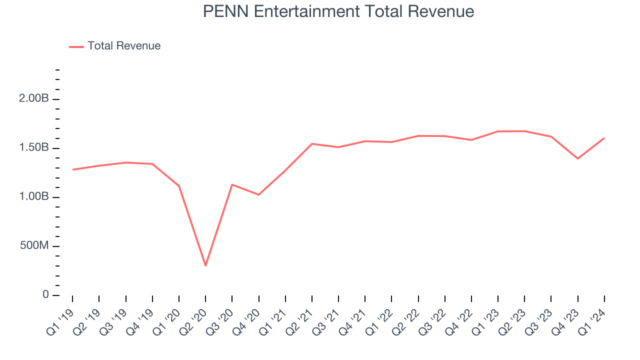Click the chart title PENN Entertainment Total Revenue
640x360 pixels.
tap(338, 11)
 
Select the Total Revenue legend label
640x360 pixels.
tap(124, 46)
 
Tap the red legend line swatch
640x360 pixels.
tap(76, 46)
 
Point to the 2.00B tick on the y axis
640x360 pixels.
tap(34, 99)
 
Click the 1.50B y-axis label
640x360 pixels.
tap(34, 148)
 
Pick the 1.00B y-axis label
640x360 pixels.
tap(34, 197)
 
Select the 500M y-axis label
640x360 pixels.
tap(34, 246)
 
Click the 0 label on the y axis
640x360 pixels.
tap(45, 295)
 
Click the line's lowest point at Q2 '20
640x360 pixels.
tap(205, 265)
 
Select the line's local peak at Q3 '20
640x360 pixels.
tap(232, 184)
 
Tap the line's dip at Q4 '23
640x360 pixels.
tap(578, 158)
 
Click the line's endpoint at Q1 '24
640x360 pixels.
tap(604, 137)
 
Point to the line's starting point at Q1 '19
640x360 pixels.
tap(72, 169)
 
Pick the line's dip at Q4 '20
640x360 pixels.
tap(258, 194)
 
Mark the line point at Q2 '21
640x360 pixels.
tap(312, 144)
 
